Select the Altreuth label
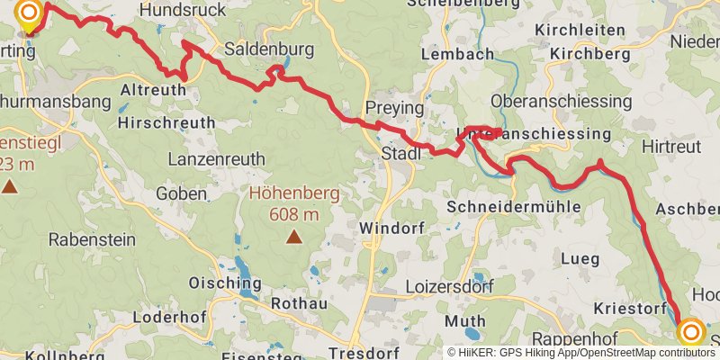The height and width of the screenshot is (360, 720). [151, 91]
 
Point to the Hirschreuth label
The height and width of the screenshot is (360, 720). [166, 122]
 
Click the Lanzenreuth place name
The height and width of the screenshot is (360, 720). [217, 159]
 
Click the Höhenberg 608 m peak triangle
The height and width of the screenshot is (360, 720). [293, 237]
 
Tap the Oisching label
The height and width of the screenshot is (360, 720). [225, 283]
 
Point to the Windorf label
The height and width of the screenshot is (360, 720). [391, 229]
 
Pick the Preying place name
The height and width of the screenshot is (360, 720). [393, 108]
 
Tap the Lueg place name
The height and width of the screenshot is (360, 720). [580, 259]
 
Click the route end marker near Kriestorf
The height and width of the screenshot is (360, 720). [691, 333]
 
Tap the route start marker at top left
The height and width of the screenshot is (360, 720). [29, 13]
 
